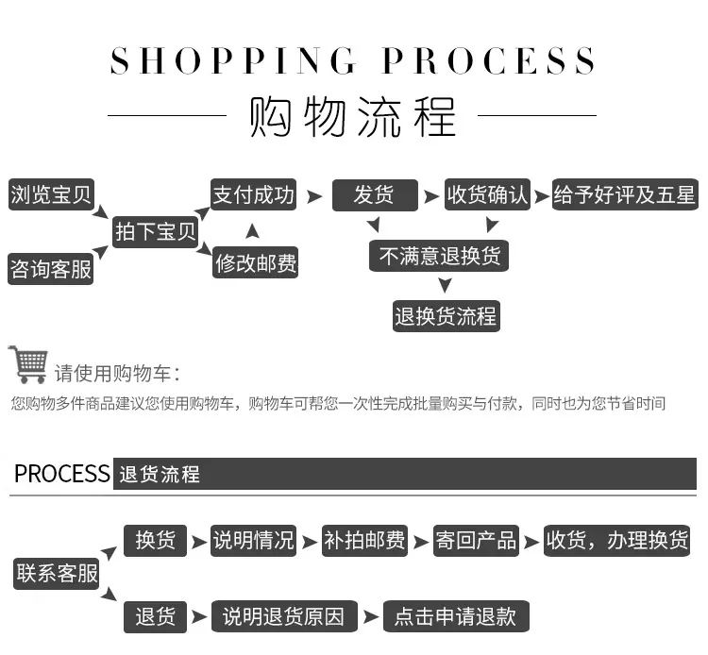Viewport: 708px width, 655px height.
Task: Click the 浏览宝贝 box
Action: [x=51, y=194]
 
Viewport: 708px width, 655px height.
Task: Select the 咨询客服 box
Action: [x=51, y=269]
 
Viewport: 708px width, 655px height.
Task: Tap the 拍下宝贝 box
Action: [x=156, y=232]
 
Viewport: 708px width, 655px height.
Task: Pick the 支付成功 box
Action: [x=253, y=194]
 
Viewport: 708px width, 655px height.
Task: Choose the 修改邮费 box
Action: [x=256, y=262]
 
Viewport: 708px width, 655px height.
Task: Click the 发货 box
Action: [x=375, y=195]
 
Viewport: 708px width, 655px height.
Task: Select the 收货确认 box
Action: [x=487, y=194]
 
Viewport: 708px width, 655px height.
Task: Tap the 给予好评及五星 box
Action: [x=625, y=194]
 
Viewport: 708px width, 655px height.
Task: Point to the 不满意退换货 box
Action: [x=439, y=256]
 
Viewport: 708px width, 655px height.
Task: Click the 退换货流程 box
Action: [x=447, y=316]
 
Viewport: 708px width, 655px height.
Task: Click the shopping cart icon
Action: [x=28, y=364]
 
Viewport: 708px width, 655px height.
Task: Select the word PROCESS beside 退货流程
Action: [x=62, y=474]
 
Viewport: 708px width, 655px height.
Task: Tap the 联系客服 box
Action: [x=57, y=574]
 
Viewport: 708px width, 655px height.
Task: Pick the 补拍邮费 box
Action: [x=364, y=541]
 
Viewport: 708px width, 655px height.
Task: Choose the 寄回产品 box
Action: [x=476, y=541]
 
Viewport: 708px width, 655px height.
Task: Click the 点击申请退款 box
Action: [x=456, y=616]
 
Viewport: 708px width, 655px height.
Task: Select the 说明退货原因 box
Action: [x=284, y=616]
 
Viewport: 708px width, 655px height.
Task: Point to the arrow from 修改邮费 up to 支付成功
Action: [x=252, y=230]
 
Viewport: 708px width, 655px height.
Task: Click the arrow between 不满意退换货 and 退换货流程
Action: [x=446, y=285]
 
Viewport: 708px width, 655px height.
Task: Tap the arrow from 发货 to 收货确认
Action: [x=431, y=196]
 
